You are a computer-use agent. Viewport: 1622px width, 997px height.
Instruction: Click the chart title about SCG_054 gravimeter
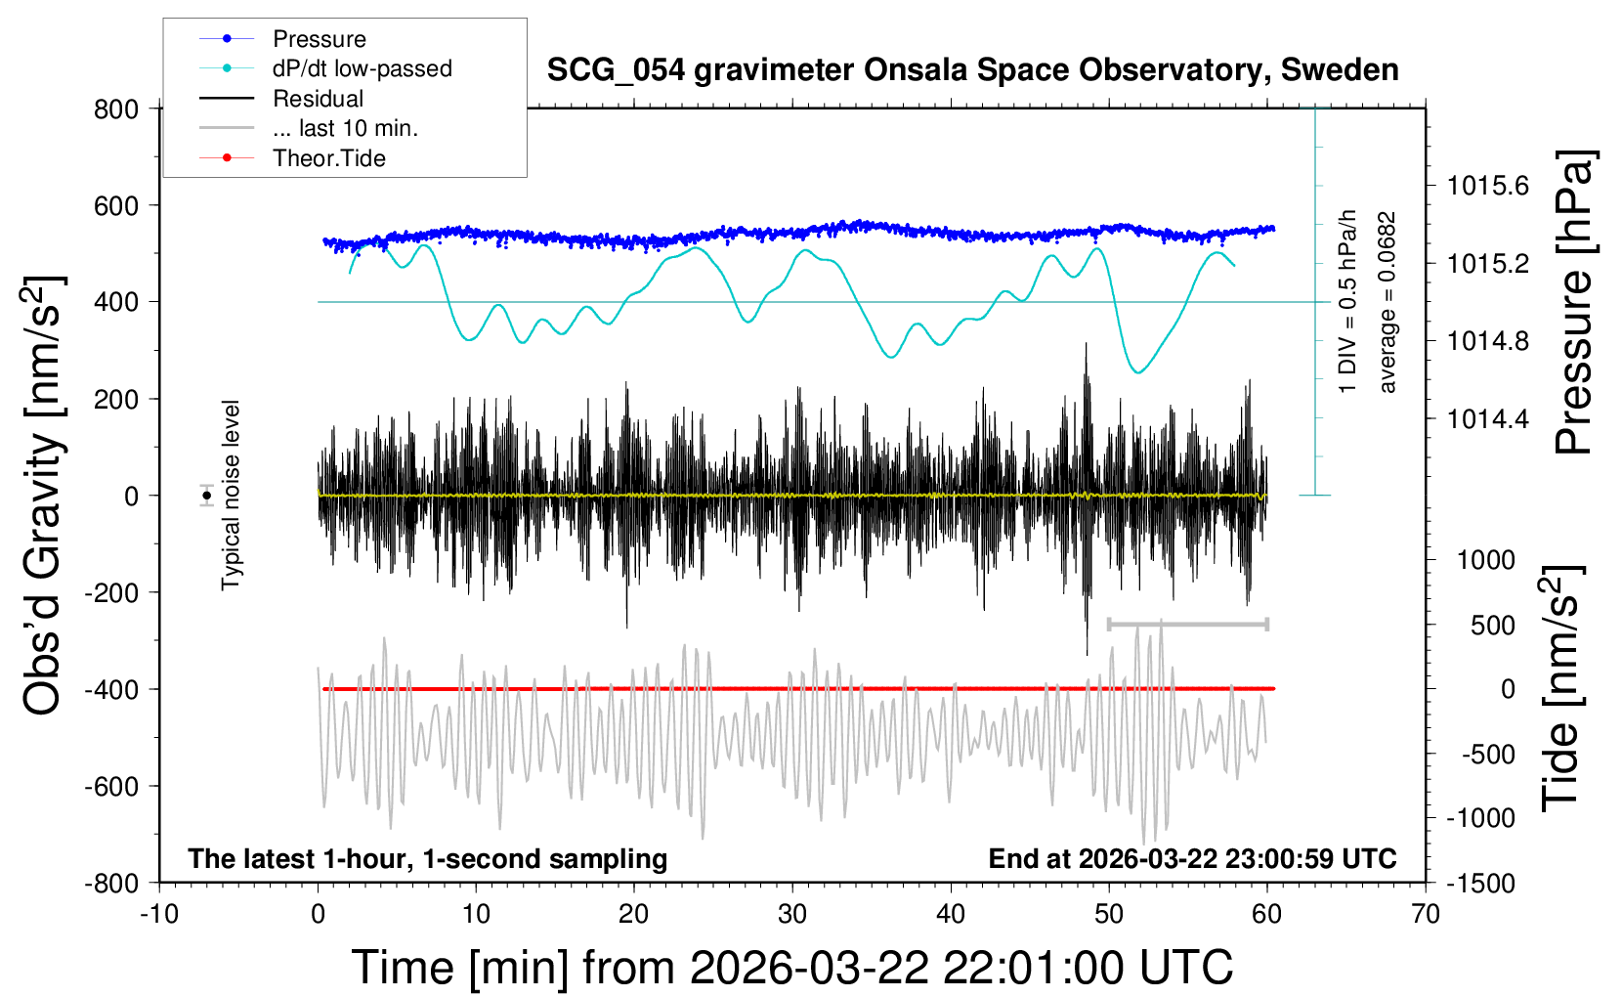click(972, 70)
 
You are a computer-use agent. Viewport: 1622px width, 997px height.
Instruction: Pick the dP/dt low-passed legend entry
click(362, 68)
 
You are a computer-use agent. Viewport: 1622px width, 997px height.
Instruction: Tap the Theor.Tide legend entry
click(328, 158)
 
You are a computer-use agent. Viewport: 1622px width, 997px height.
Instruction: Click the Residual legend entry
click(318, 99)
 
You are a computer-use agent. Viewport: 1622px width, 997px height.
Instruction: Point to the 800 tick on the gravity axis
click(116, 108)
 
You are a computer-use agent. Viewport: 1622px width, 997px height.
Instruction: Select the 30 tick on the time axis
click(792, 914)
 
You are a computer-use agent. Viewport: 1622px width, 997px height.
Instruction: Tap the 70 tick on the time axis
click(1426, 914)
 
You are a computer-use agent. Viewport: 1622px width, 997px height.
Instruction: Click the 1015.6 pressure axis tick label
click(1487, 186)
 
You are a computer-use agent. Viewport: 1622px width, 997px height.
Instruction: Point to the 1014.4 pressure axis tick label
click(1487, 419)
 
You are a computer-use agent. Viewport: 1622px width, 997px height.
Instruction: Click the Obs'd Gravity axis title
click(43, 496)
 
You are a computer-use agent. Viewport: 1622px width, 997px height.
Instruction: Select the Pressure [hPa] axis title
click(1573, 303)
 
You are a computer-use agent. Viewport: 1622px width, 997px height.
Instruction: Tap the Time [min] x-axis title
click(792, 968)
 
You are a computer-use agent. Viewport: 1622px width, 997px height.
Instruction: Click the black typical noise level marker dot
click(207, 496)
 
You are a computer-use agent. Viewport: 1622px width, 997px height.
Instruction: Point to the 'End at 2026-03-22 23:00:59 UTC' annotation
click(1192, 859)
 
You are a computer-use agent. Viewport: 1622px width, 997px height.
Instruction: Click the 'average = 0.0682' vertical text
click(1387, 303)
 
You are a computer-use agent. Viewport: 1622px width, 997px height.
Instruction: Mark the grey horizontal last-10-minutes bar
click(1187, 624)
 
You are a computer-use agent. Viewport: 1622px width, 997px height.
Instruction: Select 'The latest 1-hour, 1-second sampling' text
click(428, 859)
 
